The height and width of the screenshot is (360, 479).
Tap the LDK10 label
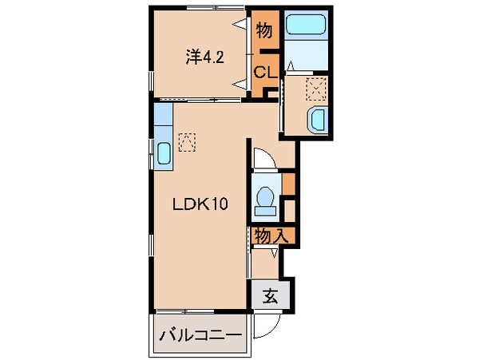[202, 204]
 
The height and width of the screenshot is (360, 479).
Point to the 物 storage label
[264, 31]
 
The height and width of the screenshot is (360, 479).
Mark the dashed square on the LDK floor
[186, 141]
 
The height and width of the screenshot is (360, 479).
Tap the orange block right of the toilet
[288, 182]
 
